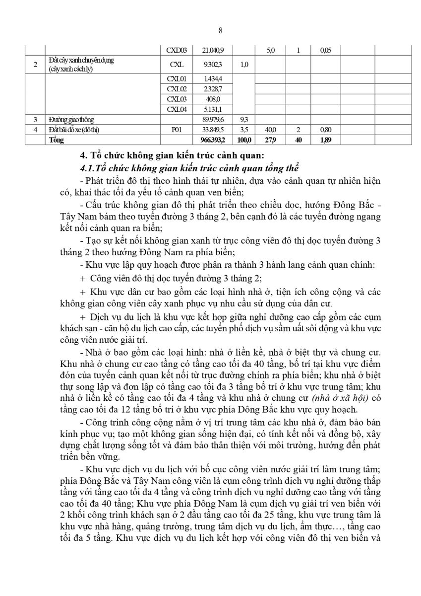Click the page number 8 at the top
point(220,30)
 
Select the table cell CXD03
point(176,51)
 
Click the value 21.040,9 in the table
point(213,51)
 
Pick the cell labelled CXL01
point(176,79)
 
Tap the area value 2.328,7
point(213,88)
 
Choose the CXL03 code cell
point(176,98)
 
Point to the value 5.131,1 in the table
point(213,109)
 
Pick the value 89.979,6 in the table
point(213,120)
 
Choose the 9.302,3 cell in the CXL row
point(213,65)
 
